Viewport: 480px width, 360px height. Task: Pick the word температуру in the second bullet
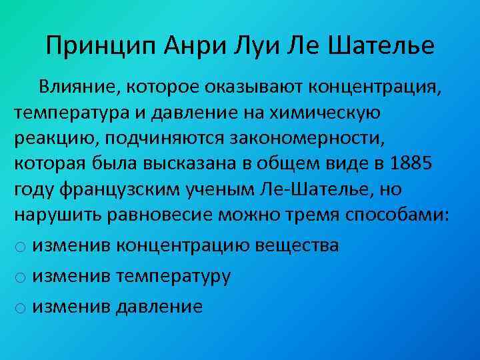point(173,276)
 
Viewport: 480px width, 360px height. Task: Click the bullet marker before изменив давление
point(21,307)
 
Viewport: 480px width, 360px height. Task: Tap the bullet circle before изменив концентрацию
point(21,247)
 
